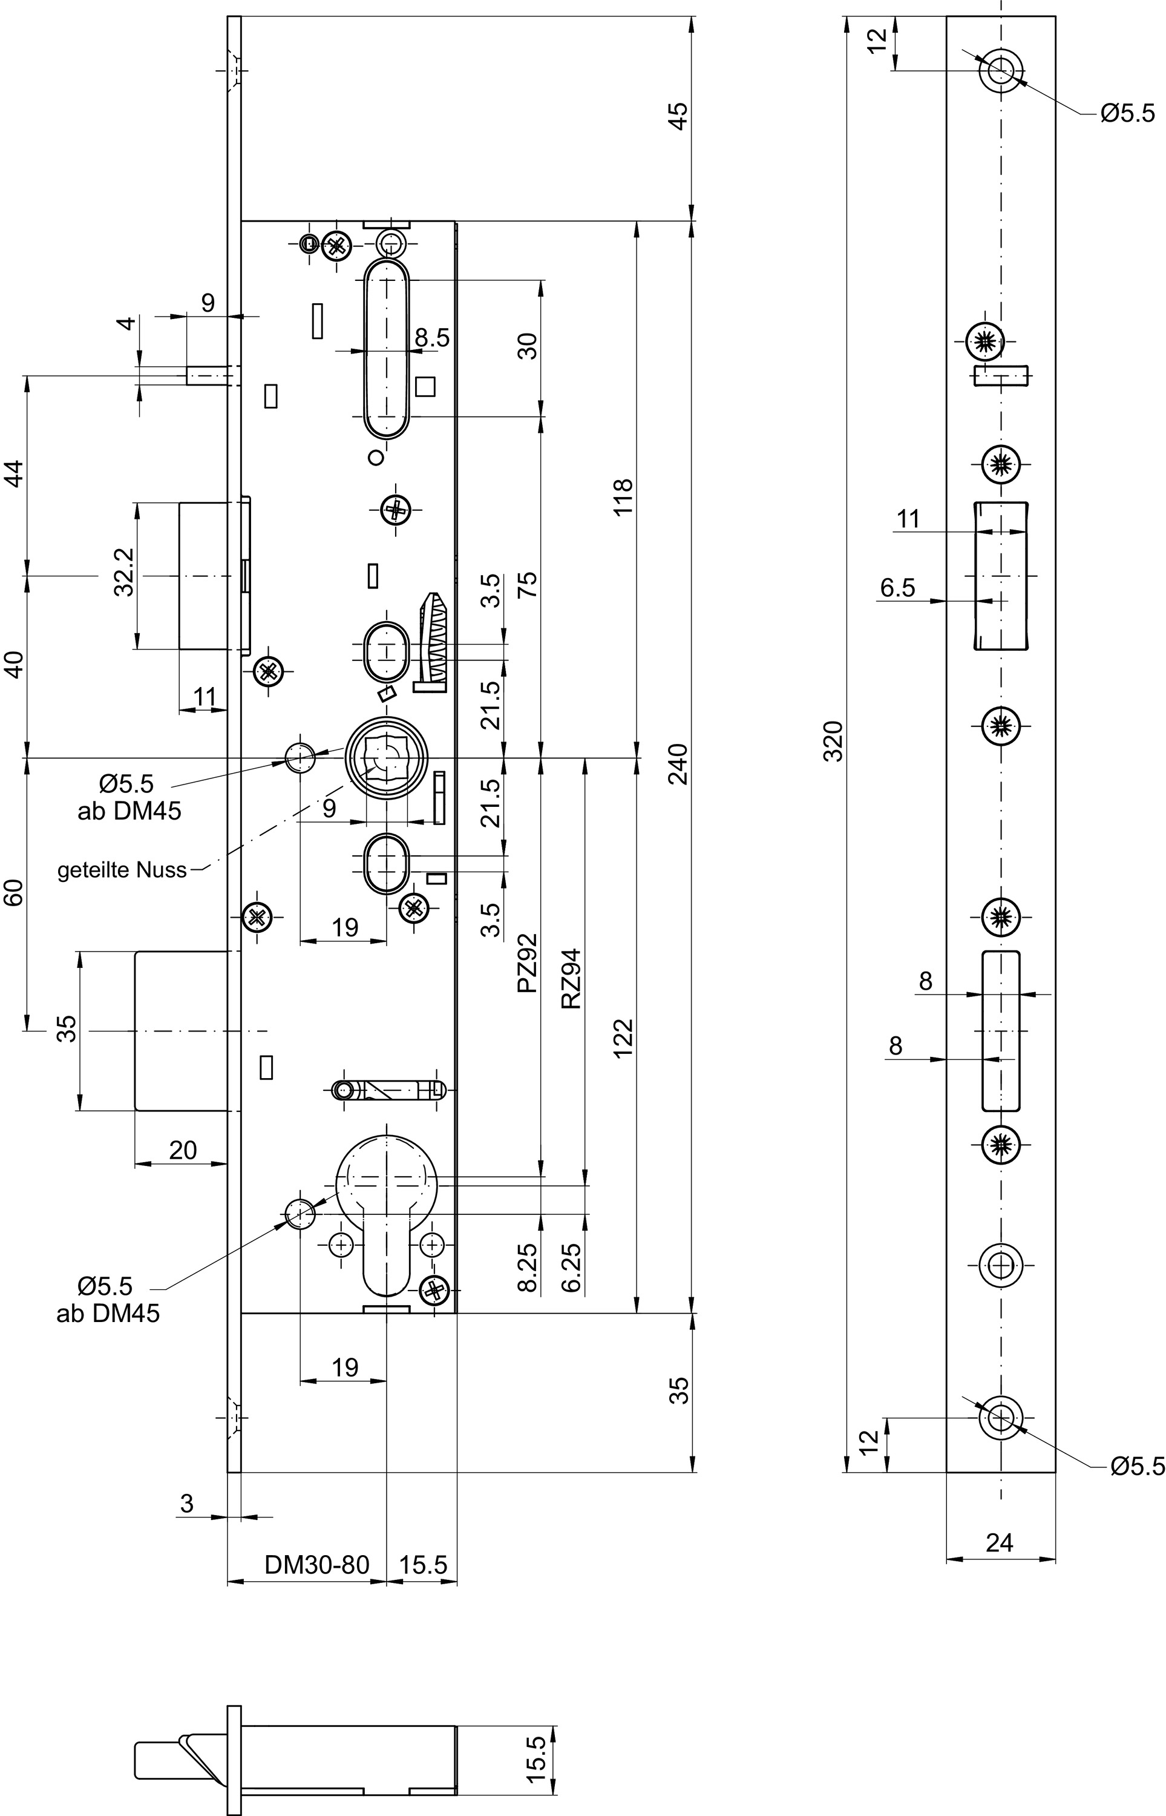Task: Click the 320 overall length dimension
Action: [833, 742]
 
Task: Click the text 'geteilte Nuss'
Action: [122, 870]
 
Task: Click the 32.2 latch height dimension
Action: [124, 573]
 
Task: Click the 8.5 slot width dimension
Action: [431, 338]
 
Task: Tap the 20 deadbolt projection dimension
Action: [183, 1150]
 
